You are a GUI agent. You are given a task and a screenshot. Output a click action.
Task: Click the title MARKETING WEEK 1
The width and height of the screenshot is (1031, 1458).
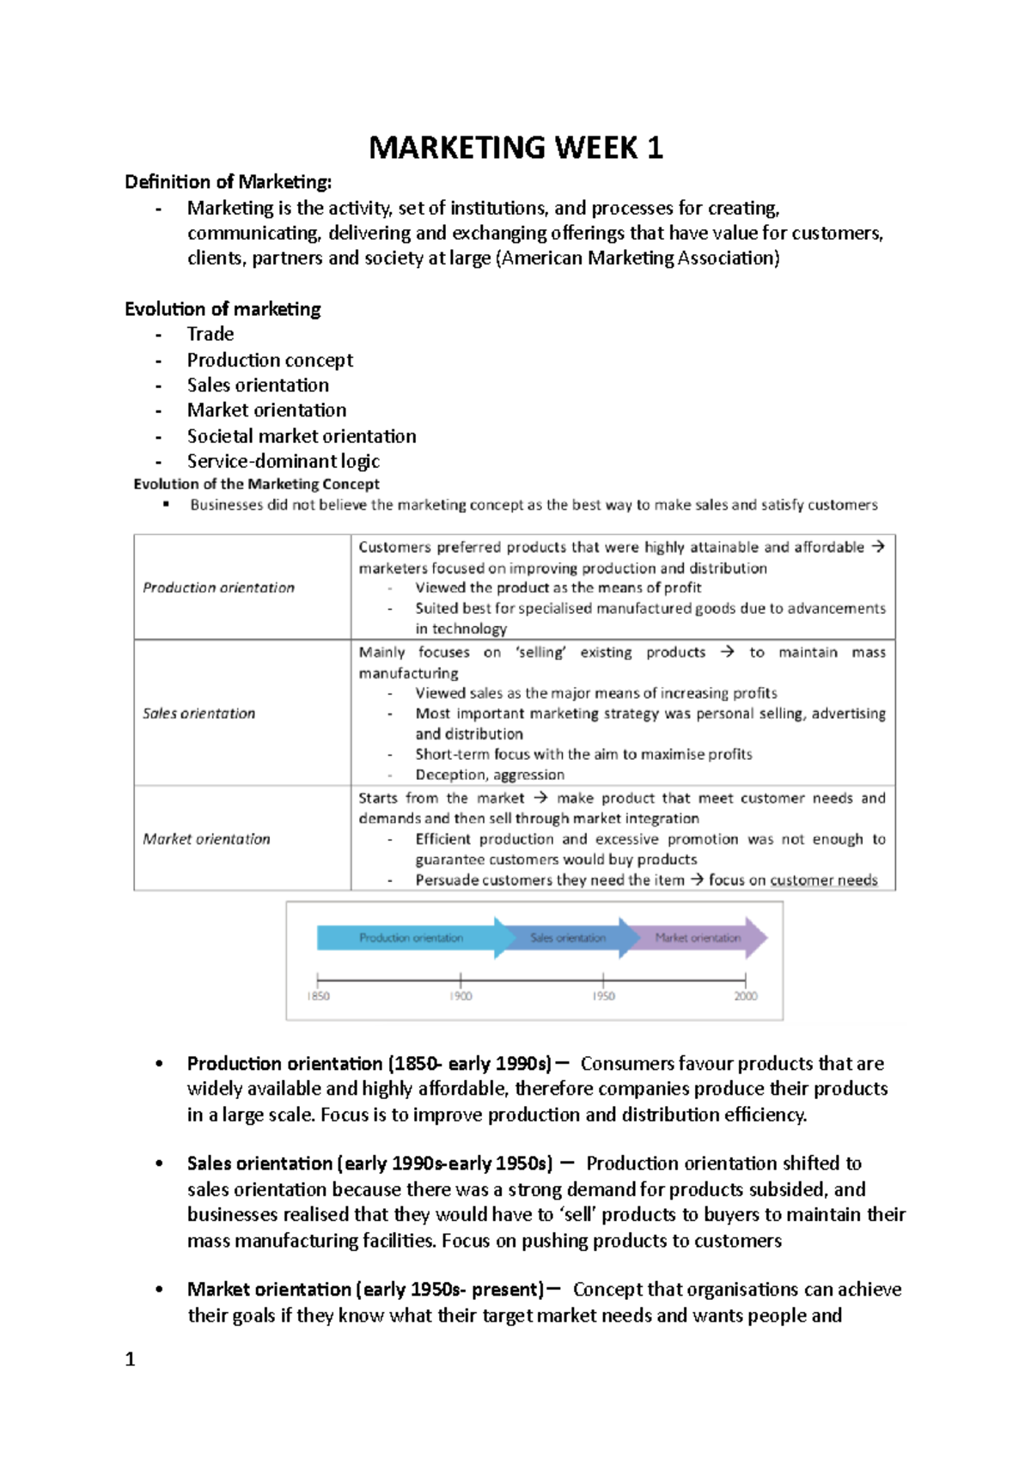[x=515, y=148]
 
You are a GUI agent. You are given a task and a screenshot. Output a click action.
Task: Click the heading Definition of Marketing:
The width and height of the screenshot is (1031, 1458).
[x=228, y=182]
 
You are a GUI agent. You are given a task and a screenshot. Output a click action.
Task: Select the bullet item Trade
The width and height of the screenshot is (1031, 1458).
[x=210, y=334]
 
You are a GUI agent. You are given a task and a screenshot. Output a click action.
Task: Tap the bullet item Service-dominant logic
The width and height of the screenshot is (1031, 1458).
[x=284, y=461]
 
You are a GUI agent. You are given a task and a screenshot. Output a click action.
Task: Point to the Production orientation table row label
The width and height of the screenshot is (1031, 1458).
[x=218, y=587]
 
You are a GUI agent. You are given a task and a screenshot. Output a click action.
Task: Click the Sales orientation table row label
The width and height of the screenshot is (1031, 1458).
[x=198, y=714]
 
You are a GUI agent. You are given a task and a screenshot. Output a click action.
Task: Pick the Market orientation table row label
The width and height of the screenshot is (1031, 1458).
[x=206, y=839]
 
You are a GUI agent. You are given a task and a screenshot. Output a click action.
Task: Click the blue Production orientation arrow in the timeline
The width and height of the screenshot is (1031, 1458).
[x=411, y=938]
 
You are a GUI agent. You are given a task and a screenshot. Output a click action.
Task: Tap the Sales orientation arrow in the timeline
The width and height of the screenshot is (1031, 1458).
[x=568, y=938]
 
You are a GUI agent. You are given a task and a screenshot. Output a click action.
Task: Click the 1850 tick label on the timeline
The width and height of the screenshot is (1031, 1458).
[x=318, y=996]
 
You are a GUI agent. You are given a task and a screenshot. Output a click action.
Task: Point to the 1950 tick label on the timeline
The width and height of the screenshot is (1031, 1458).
[x=603, y=996]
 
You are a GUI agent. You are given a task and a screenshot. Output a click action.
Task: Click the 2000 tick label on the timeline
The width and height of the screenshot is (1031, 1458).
[x=745, y=996]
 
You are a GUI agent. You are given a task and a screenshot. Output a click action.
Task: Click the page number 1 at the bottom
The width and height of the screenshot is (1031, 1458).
[x=130, y=1359]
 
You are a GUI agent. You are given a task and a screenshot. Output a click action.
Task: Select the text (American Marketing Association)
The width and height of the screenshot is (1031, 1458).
[x=638, y=258]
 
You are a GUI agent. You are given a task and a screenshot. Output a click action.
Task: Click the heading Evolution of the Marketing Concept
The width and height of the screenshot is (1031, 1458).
[x=256, y=484]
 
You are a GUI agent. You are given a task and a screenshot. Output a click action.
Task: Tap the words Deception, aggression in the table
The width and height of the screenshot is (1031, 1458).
[x=490, y=775]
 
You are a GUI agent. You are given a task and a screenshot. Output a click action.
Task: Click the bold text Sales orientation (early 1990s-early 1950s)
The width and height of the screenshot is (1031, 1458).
[x=369, y=1163]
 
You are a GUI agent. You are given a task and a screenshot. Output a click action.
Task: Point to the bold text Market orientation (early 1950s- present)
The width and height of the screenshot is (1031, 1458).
[x=365, y=1290]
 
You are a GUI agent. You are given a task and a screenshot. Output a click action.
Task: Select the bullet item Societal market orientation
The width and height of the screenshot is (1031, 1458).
[x=302, y=436]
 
